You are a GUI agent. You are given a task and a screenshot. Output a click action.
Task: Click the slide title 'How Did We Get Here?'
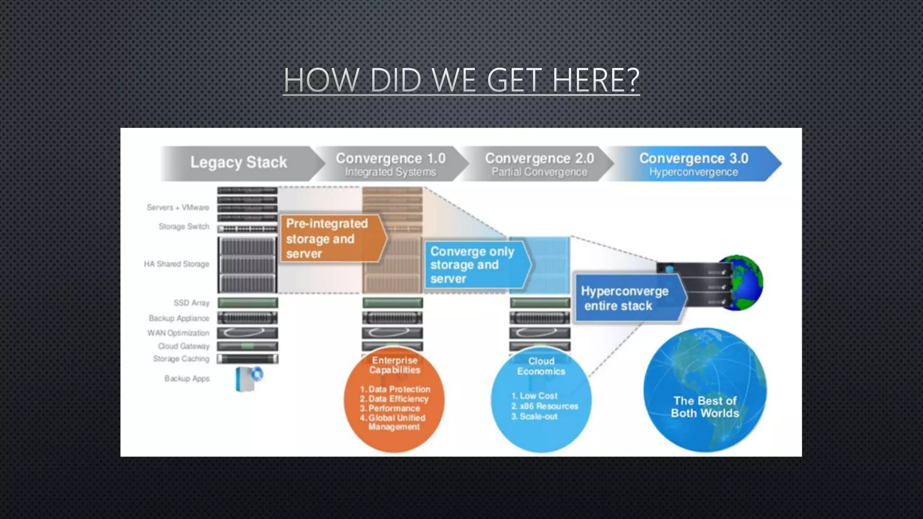461,80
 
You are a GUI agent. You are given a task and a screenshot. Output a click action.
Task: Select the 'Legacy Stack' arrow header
238,162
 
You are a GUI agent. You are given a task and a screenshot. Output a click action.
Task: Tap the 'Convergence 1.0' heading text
390,158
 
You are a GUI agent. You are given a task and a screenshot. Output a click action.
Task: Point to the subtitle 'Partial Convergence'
539,172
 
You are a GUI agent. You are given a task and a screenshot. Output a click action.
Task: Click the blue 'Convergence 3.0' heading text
694,158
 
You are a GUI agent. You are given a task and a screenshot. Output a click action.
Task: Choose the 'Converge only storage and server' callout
473,265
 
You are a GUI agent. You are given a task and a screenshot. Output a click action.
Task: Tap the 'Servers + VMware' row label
178,207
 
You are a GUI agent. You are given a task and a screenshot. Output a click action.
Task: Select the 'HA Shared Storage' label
177,264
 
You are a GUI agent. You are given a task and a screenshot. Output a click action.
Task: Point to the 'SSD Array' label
192,303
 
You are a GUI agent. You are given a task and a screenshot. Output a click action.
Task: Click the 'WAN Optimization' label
178,333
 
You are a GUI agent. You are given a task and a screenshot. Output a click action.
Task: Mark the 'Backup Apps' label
187,378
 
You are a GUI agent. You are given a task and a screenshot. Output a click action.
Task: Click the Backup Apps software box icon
248,378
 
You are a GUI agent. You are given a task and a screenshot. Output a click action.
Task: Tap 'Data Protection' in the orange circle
399,389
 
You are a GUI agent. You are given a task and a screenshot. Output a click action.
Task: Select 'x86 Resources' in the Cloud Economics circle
548,406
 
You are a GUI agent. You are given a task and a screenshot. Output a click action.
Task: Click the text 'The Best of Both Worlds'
705,407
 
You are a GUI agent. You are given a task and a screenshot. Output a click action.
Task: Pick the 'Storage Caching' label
181,359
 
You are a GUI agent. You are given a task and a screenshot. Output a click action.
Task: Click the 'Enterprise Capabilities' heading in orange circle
395,365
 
